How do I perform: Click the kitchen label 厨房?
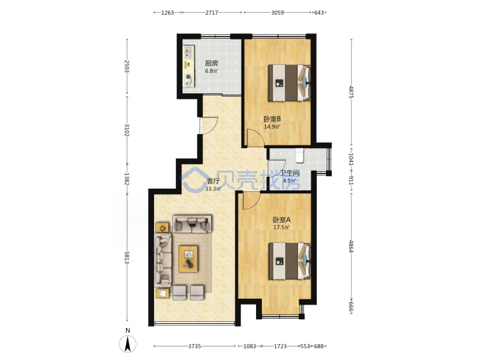[x=211, y=63]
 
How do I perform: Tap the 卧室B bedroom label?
[x=272, y=119]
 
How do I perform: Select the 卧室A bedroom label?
[x=281, y=219]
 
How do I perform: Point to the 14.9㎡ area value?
[x=272, y=127]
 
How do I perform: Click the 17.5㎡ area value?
[x=281, y=227]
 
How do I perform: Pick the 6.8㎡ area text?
[x=211, y=71]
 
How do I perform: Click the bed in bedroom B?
[x=289, y=83]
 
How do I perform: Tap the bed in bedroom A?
[x=289, y=261]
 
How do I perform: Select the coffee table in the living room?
[x=188, y=259]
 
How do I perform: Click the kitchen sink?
[x=189, y=52]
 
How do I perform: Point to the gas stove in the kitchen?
[x=189, y=80]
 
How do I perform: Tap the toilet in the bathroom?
[x=299, y=155]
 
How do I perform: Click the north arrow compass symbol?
[x=128, y=343]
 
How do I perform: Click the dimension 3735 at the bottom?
[x=195, y=346]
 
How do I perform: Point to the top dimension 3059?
[x=277, y=13]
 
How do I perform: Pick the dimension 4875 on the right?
[x=351, y=92]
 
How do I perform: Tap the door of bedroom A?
[x=251, y=201]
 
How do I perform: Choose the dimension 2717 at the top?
[x=211, y=13]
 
